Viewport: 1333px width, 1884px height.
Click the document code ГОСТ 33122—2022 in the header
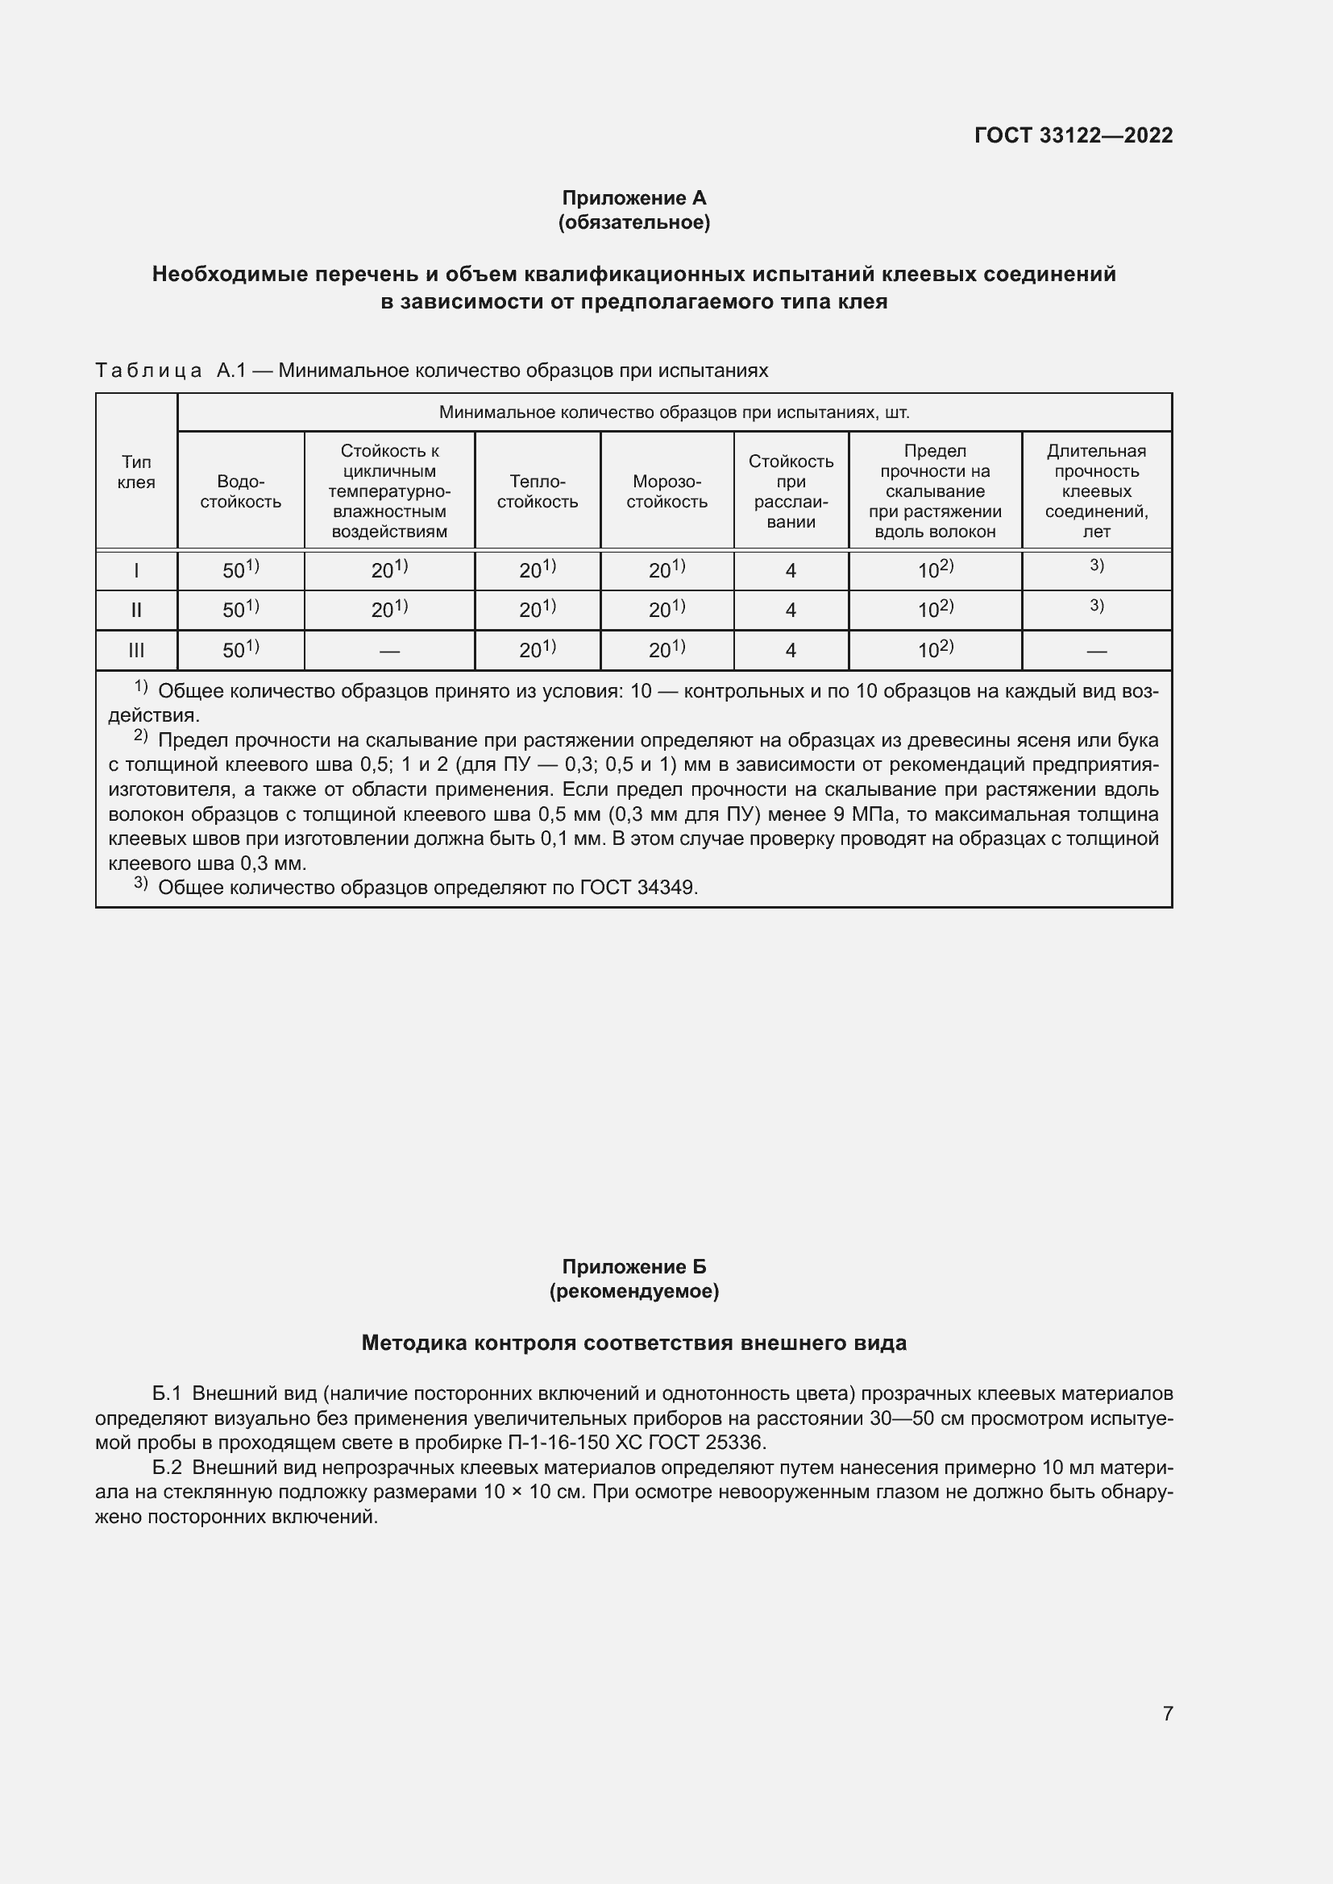click(x=1073, y=135)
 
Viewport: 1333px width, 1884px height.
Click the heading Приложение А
click(x=633, y=198)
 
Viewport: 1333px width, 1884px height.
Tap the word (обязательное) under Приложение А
click(x=633, y=222)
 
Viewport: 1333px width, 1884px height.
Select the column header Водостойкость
click(x=240, y=491)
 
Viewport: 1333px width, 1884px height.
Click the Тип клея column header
click(x=136, y=472)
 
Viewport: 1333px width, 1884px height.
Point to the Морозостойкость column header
click(x=666, y=491)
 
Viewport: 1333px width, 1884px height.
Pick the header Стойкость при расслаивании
click(x=791, y=491)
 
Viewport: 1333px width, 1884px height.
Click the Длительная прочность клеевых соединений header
click(x=1096, y=491)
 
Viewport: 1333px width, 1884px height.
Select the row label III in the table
click(x=136, y=651)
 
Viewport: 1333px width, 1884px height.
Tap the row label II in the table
click(x=136, y=611)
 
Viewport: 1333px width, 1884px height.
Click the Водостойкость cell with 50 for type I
click(x=240, y=569)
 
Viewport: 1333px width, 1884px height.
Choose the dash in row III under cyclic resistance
click(x=389, y=652)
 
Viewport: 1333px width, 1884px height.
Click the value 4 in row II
click(x=791, y=611)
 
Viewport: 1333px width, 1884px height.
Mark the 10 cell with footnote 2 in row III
click(x=935, y=650)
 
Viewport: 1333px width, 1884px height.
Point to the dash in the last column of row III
click(x=1096, y=652)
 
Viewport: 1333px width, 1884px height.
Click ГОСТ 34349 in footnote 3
click(x=637, y=887)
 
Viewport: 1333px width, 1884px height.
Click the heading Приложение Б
click(x=633, y=1267)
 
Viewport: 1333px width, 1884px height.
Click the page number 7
click(x=1167, y=1713)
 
